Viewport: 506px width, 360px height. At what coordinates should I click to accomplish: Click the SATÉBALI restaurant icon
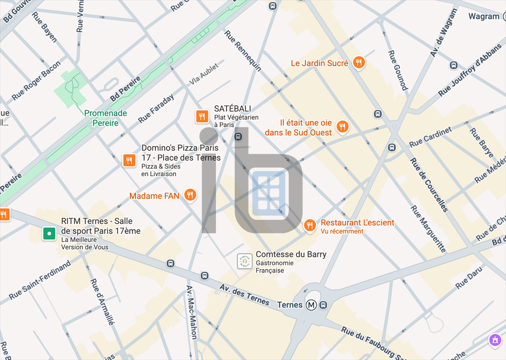click(201, 117)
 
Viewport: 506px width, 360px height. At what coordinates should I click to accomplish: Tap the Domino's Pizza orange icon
click(129, 160)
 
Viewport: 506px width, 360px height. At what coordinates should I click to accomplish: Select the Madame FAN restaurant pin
click(190, 195)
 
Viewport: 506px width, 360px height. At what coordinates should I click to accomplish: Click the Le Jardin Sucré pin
click(359, 62)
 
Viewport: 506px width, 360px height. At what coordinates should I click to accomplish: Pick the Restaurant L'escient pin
click(309, 225)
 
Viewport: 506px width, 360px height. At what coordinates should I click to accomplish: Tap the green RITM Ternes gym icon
click(49, 233)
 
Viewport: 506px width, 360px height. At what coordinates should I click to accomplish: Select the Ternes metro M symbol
click(311, 305)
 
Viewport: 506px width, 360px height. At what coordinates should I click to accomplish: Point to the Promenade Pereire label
click(105, 118)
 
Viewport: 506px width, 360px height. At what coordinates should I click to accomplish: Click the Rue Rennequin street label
click(243, 50)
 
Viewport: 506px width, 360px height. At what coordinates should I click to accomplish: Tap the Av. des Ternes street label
click(245, 294)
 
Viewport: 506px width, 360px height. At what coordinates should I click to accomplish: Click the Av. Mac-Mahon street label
click(192, 312)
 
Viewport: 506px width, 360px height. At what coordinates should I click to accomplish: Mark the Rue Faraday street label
click(156, 108)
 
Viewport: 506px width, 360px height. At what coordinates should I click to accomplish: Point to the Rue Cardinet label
click(430, 137)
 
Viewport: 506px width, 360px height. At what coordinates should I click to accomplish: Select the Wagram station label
click(484, 16)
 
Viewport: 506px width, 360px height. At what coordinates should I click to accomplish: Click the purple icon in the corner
click(495, 340)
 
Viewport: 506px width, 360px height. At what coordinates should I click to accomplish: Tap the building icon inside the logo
click(268, 193)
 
